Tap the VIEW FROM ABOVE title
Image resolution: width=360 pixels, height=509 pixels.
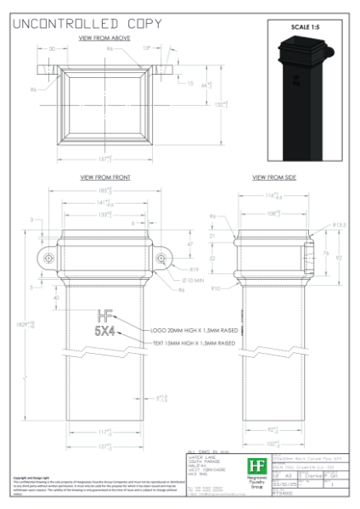[103, 39]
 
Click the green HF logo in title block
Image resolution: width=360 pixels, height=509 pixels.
[255, 466]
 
